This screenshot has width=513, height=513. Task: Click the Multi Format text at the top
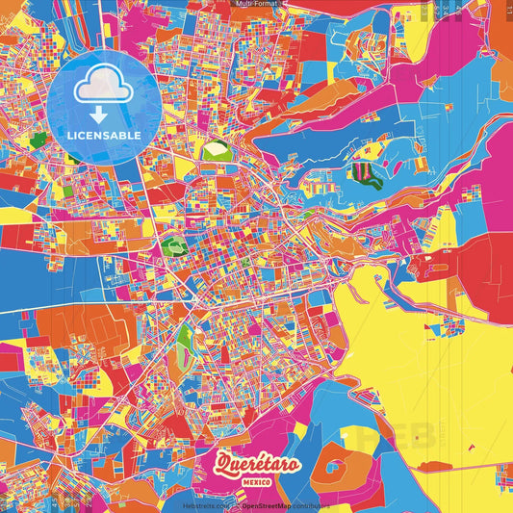[x=256, y=5]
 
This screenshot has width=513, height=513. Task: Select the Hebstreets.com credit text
[x=206, y=504]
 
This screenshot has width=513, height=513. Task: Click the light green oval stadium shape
[x=215, y=150]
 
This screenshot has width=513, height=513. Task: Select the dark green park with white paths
[x=173, y=246]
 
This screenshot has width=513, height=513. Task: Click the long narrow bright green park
[x=183, y=337]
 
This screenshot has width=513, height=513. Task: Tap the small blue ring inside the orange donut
[x=336, y=470]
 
